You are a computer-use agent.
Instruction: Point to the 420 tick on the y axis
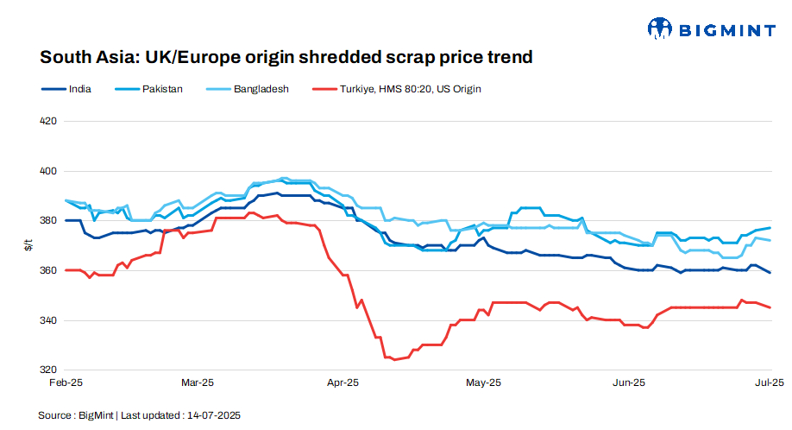(48, 121)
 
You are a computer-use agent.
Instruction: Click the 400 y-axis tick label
(48, 171)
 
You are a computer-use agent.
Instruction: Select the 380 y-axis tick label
(48, 221)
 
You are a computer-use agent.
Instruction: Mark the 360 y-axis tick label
(48, 271)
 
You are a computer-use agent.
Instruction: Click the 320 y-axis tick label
(48, 370)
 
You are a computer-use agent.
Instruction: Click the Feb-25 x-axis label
(66, 382)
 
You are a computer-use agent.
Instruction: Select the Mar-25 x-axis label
(197, 382)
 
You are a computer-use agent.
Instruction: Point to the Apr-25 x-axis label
(343, 382)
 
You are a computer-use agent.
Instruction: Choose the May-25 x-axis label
(483, 382)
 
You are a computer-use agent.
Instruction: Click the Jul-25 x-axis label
(769, 382)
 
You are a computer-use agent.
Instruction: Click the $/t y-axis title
(28, 246)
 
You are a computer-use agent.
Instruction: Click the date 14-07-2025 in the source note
(213, 415)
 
